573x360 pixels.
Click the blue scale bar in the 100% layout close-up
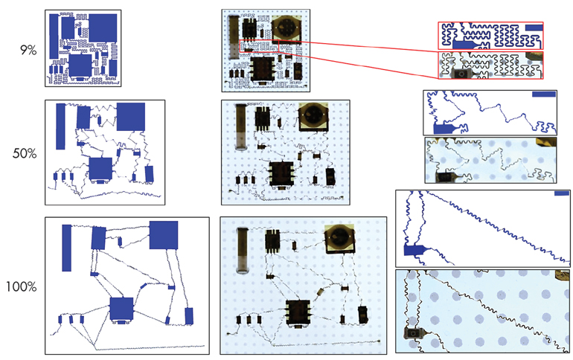pos(562,195)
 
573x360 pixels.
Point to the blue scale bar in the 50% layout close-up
pos(544,94)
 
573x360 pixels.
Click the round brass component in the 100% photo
pos(339,238)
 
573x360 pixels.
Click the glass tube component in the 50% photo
pos(240,127)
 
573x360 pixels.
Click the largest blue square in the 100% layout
pos(164,235)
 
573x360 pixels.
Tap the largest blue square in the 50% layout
pos(131,117)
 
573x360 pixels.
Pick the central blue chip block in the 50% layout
pos(100,169)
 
